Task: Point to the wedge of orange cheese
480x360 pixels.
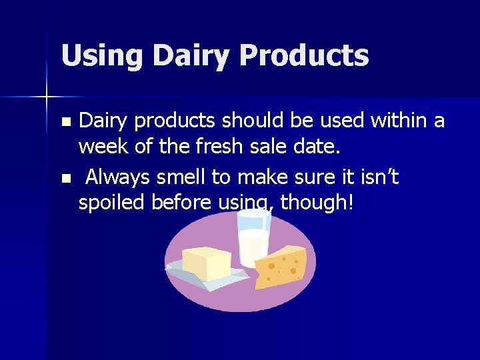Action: [x=281, y=267]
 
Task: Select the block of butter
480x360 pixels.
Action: [x=206, y=263]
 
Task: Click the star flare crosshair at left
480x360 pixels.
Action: [x=47, y=97]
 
